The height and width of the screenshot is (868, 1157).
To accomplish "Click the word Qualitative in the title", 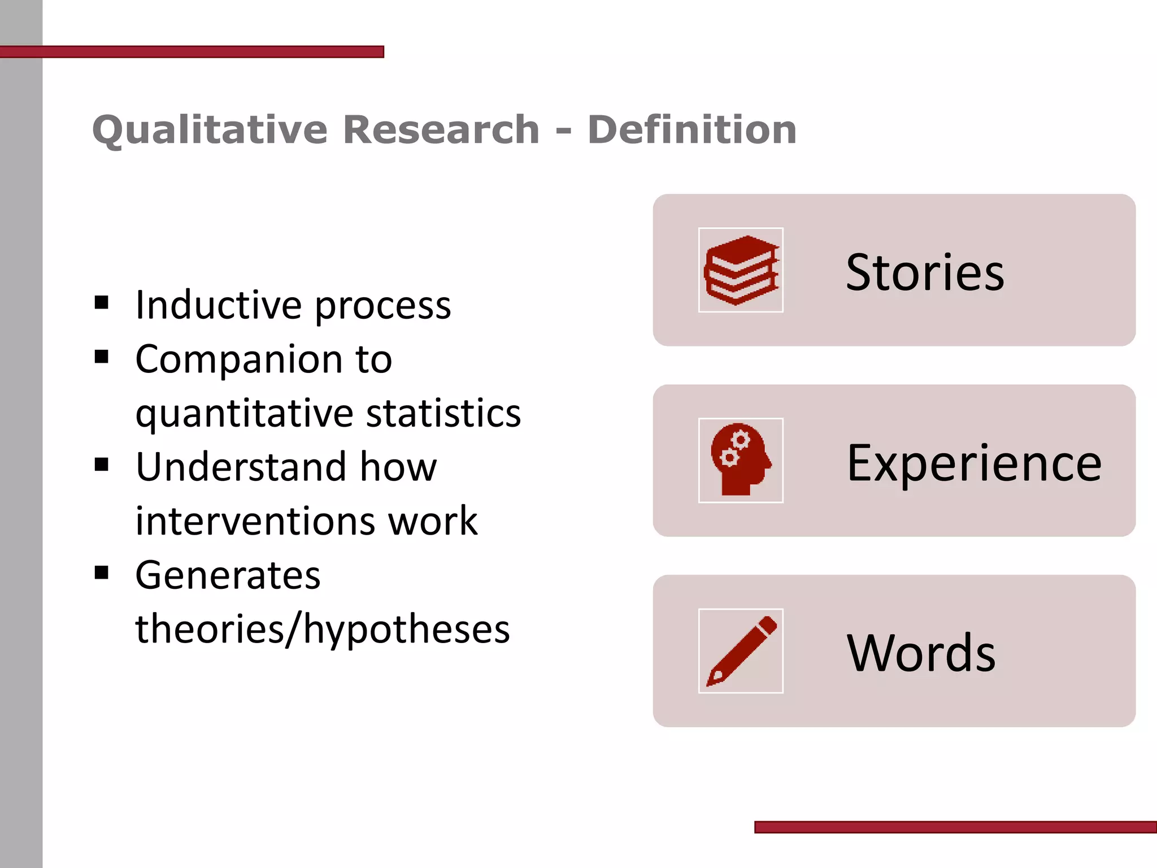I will click(x=210, y=131).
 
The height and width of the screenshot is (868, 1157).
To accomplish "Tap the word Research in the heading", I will click(x=441, y=129).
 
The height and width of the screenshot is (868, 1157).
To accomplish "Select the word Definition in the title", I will click(x=692, y=129).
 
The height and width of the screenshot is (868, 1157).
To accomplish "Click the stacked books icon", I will click(x=741, y=270).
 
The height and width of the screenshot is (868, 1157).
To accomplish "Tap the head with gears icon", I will click(x=741, y=460).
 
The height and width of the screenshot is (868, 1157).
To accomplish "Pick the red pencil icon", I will click(x=741, y=650).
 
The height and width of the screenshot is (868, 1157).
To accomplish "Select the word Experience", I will click(x=974, y=463).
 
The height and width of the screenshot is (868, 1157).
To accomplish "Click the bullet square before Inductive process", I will click(x=102, y=303).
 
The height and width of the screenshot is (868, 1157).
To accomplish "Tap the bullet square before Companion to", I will click(x=102, y=357).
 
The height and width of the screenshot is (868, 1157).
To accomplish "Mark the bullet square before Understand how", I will click(x=102, y=465).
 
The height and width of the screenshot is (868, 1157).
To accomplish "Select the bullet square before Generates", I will click(x=102, y=573).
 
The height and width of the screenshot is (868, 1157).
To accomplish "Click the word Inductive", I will click(x=218, y=305).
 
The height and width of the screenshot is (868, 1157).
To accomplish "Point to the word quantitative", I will click(x=244, y=414).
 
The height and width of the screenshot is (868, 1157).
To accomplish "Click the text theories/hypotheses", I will click(x=323, y=629).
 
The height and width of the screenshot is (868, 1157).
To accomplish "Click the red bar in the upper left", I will click(x=192, y=52).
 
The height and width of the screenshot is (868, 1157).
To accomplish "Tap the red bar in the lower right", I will click(x=955, y=827).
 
